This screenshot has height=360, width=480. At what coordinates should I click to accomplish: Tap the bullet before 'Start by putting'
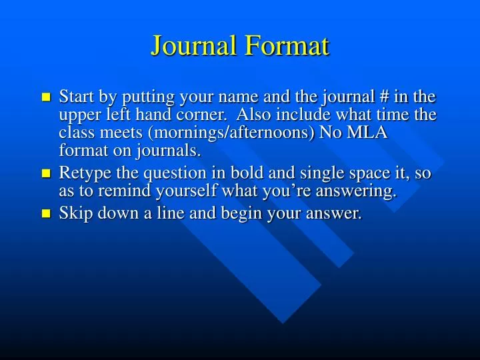[x=45, y=98]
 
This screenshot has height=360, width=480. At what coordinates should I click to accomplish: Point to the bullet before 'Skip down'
[x=45, y=215]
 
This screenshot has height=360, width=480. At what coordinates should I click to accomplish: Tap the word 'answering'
[x=364, y=192]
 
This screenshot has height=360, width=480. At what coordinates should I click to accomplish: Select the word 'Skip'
[x=72, y=214]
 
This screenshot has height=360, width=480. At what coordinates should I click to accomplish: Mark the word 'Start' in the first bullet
[x=74, y=97]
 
